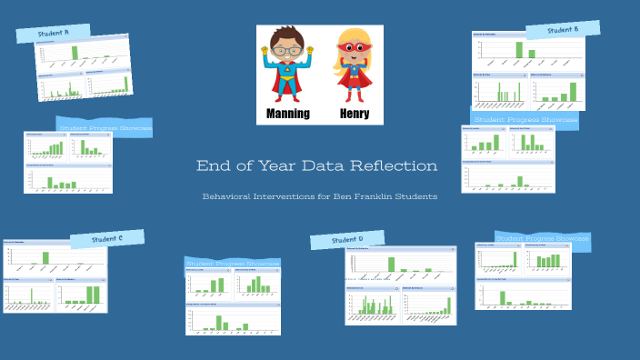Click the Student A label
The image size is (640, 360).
click(x=53, y=33)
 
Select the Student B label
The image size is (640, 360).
click(x=564, y=29)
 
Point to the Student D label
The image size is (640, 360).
click(x=347, y=239)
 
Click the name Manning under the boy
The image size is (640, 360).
click(x=287, y=114)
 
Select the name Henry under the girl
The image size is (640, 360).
click(x=355, y=114)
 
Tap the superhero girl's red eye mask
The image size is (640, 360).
click(x=352, y=48)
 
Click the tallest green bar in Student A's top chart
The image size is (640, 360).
click(x=75, y=53)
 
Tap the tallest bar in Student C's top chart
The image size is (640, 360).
click(x=45, y=257)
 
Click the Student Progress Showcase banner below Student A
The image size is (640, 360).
click(x=105, y=128)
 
